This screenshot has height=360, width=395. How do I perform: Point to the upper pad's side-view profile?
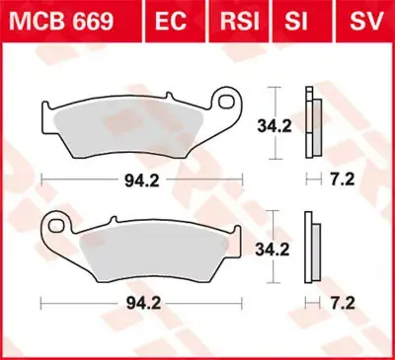click(x=312, y=126)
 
